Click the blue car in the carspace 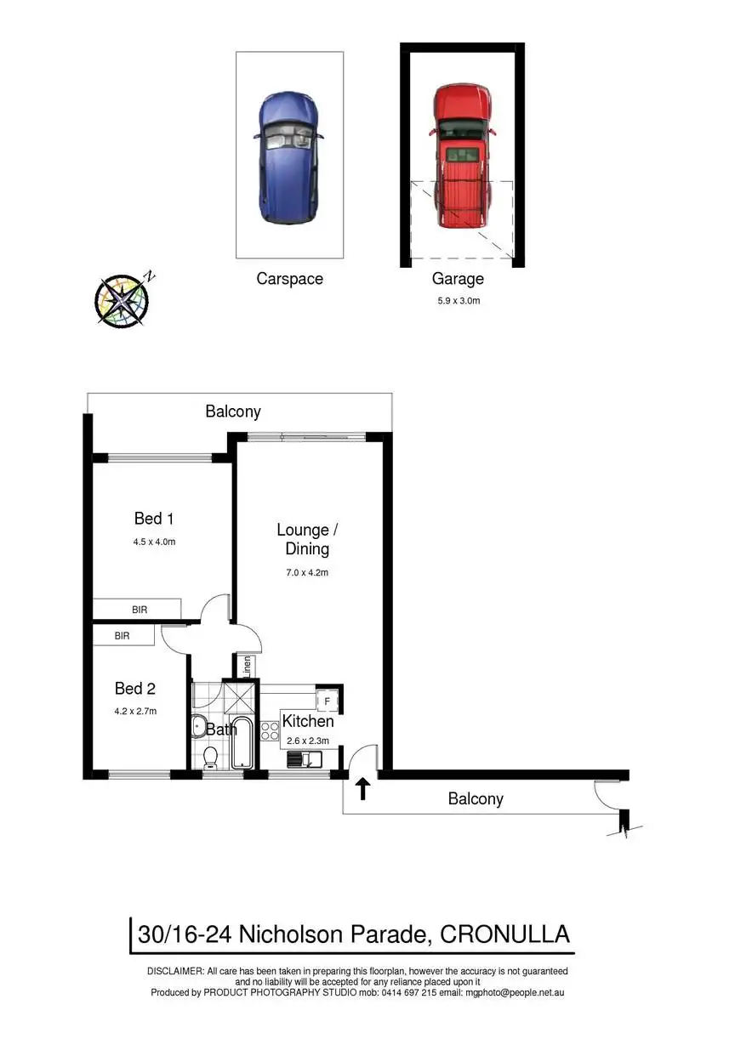tap(289, 158)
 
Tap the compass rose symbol tap(122, 299)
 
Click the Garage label tap(458, 279)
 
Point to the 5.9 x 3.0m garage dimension tap(458, 300)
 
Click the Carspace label tap(289, 279)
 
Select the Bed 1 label tap(154, 518)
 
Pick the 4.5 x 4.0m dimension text tap(154, 542)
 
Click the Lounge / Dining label tap(307, 539)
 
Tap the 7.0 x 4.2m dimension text tap(307, 572)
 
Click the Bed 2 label tap(135, 688)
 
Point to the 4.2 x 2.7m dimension tap(136, 711)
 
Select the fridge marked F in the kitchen tap(324, 701)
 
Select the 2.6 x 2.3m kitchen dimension tap(308, 741)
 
